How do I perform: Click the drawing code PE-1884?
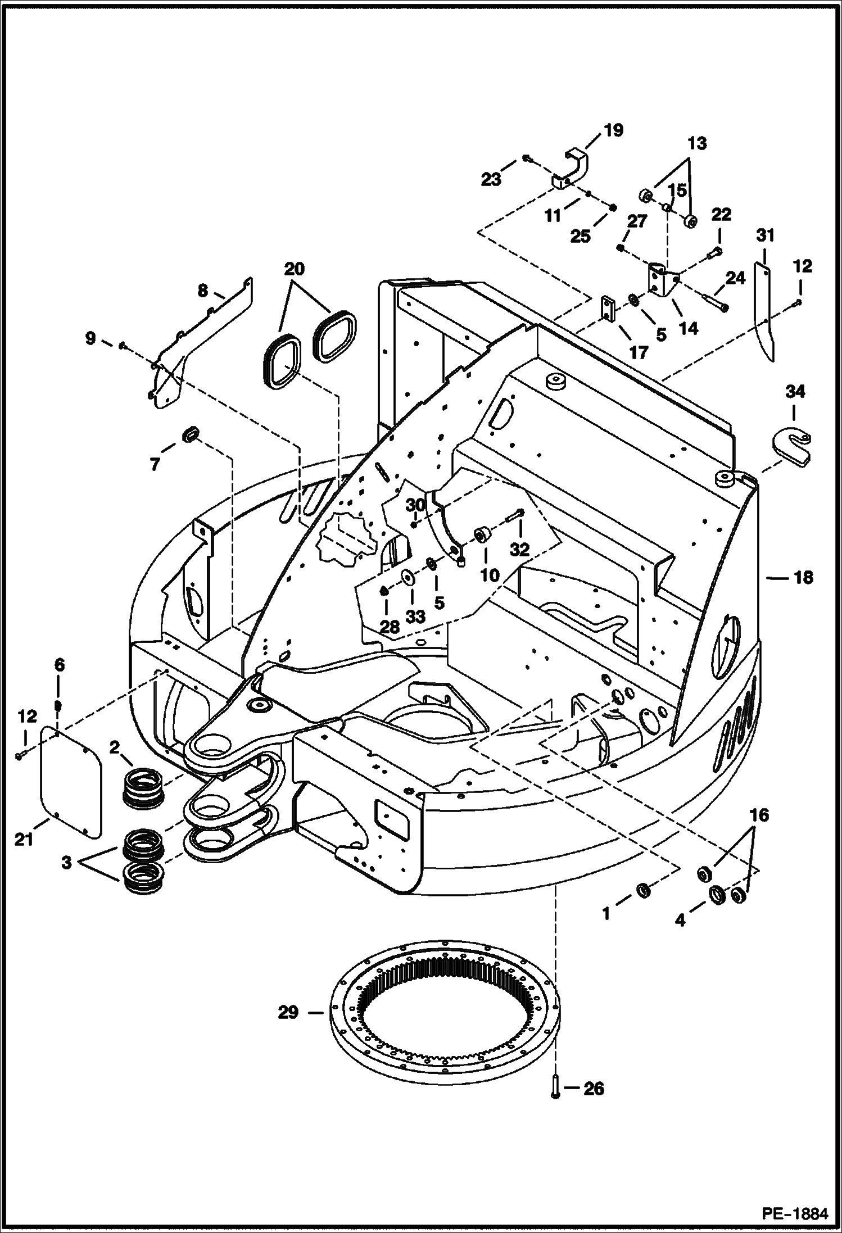795,1214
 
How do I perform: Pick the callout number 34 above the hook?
795,391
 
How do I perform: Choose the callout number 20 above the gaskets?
295,269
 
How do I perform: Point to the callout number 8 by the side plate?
203,291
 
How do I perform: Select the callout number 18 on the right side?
803,577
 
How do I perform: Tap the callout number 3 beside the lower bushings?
67,862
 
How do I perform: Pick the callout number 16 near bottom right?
759,815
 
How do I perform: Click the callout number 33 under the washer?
415,616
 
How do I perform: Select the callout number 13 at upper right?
696,143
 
